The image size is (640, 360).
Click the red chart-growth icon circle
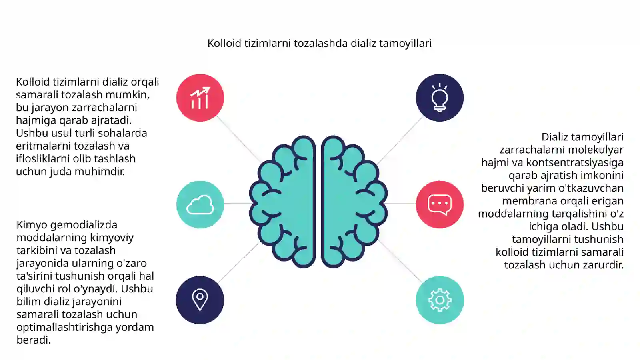click(x=200, y=98)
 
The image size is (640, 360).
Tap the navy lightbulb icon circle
click(x=440, y=98)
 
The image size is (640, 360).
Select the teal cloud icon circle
click(x=200, y=204)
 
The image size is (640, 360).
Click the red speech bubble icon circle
click(x=440, y=204)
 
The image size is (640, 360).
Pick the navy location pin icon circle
click(x=200, y=300)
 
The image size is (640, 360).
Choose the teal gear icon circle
click(x=440, y=300)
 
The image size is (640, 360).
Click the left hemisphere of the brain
click(x=283, y=202)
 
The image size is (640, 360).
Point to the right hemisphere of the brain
click(x=354, y=202)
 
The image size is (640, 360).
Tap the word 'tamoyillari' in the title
click(x=405, y=44)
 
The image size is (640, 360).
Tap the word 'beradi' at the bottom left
click(x=34, y=340)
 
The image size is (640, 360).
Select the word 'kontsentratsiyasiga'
click(x=574, y=163)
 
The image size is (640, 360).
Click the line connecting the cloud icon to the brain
click(x=238, y=203)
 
